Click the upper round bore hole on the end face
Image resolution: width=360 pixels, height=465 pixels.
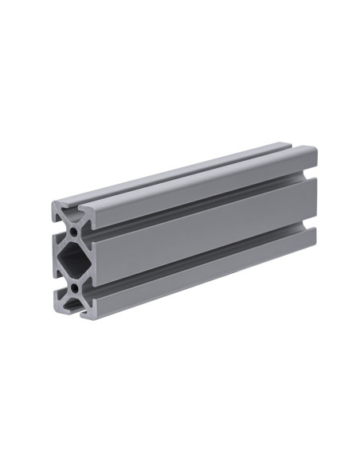point(73,230)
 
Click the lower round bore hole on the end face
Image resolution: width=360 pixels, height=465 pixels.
point(73,284)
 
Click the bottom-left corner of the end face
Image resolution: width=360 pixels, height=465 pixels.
point(56,311)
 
